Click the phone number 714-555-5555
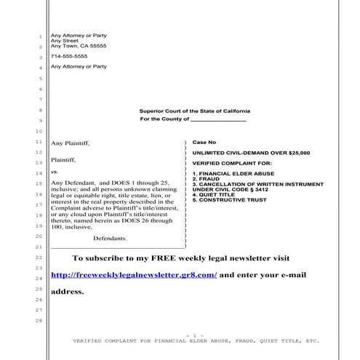point(68,56)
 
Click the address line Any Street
point(63,41)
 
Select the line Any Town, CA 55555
point(78,46)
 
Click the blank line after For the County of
point(217,119)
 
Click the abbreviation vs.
point(54,173)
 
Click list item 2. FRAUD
point(207,180)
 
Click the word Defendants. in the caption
point(111,238)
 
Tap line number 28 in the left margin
point(39,321)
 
